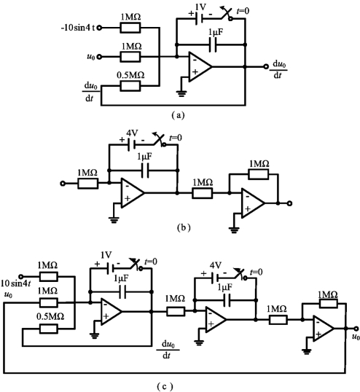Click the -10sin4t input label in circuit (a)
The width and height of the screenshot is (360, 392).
[78, 28]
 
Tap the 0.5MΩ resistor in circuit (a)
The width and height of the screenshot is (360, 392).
[130, 86]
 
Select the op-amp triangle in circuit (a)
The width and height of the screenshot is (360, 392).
[200, 67]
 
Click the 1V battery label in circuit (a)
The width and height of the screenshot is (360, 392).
[200, 7]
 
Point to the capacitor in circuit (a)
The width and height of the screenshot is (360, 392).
[213, 44]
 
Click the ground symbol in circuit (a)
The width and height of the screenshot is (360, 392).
[181, 94]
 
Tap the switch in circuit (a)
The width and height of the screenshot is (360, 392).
[227, 15]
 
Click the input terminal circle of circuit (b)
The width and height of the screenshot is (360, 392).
[63, 184]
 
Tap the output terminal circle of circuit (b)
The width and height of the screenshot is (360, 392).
[289, 203]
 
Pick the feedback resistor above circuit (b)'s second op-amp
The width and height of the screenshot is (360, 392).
[259, 174]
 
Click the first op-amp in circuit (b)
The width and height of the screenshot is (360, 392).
[133, 193]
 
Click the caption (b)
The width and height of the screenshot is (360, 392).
[184, 227]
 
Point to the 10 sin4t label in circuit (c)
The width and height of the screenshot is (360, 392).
[16, 283]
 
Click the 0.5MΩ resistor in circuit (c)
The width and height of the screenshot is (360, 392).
[49, 329]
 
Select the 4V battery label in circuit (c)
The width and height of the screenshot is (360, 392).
[216, 265]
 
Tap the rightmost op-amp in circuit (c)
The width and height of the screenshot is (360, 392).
[324, 329]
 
